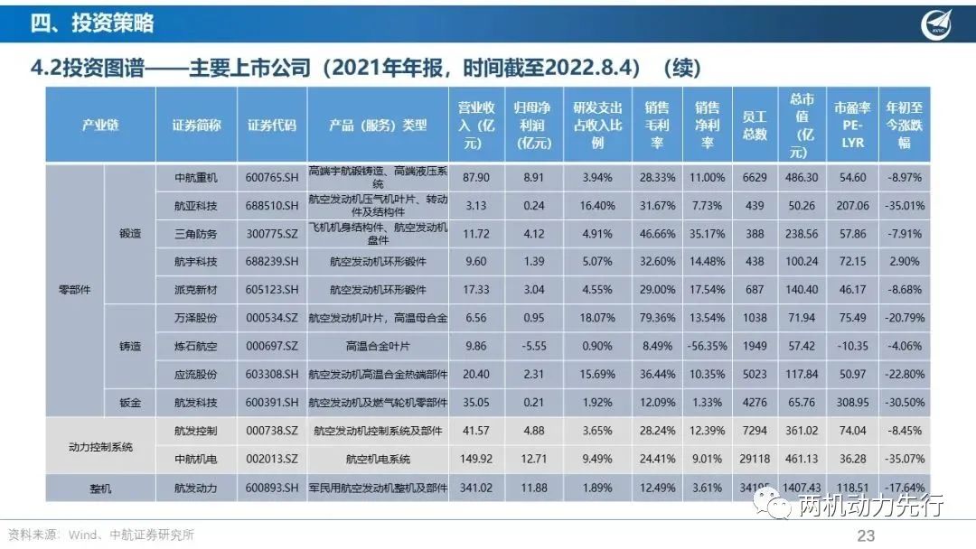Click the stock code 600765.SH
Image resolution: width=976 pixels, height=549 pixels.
(x=272, y=178)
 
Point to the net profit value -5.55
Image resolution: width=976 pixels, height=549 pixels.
(x=533, y=346)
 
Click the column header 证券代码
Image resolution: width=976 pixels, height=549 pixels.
(x=272, y=126)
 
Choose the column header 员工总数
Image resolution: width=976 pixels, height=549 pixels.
(x=755, y=126)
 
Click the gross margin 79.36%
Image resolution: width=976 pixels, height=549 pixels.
(x=655, y=318)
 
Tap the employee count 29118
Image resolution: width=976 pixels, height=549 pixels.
(x=755, y=459)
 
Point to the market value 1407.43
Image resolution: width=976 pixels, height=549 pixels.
(x=804, y=488)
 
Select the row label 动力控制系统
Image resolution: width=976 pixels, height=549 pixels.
(x=100, y=445)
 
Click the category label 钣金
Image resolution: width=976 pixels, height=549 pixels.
(x=130, y=402)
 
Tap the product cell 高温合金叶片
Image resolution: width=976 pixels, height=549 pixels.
(x=378, y=346)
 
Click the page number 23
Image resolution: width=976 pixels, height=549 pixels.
(x=866, y=535)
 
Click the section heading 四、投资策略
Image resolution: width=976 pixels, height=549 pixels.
(x=92, y=23)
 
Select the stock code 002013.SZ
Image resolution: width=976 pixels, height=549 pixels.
(x=272, y=459)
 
